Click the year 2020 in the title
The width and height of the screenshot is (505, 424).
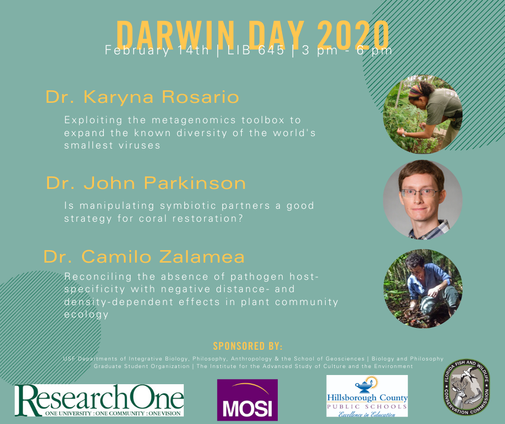click(x=353, y=35)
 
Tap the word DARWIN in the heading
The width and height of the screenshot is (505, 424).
click(x=175, y=35)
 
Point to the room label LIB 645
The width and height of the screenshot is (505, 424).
click(x=256, y=51)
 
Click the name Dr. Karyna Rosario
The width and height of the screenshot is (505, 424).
click(x=142, y=97)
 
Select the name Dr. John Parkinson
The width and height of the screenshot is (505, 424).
click(x=146, y=183)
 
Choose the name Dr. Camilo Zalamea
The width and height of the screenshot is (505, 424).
click(x=144, y=257)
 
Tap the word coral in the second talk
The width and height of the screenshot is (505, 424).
click(x=153, y=218)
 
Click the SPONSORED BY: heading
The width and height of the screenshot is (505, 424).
click(x=248, y=346)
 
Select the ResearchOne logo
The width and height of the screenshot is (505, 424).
click(x=99, y=400)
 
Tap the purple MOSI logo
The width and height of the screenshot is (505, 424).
click(x=247, y=400)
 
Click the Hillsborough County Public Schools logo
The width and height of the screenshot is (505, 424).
click(x=367, y=396)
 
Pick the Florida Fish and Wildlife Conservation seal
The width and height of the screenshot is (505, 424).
click(x=467, y=387)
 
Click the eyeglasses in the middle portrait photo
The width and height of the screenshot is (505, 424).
click(x=420, y=193)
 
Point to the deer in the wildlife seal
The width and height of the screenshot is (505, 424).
click(x=459, y=392)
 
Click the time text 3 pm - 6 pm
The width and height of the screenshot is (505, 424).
click(x=347, y=51)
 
